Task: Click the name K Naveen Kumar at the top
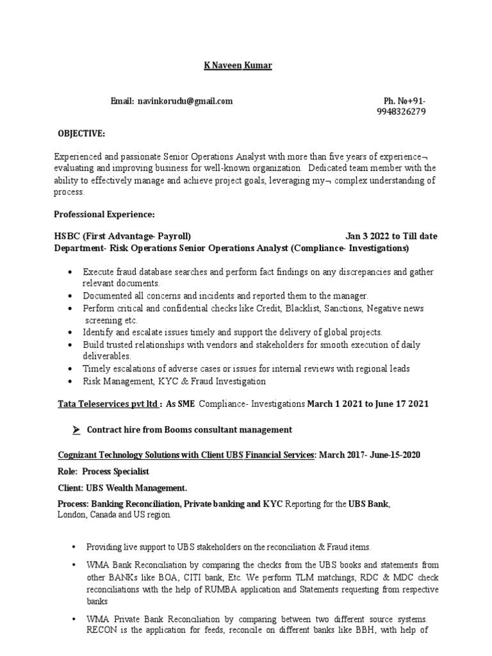pyautogui.click(x=234, y=66)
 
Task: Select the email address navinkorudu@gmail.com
pyautogui.click(x=185, y=101)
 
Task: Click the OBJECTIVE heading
pyautogui.click(x=82, y=133)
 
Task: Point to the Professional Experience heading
pyautogui.click(x=104, y=213)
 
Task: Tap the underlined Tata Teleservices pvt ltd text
pyautogui.click(x=107, y=404)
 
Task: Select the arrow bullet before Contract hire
pyautogui.click(x=76, y=430)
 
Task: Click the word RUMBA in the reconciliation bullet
pyautogui.click(x=213, y=591)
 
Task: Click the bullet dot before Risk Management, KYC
pyautogui.click(x=69, y=381)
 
